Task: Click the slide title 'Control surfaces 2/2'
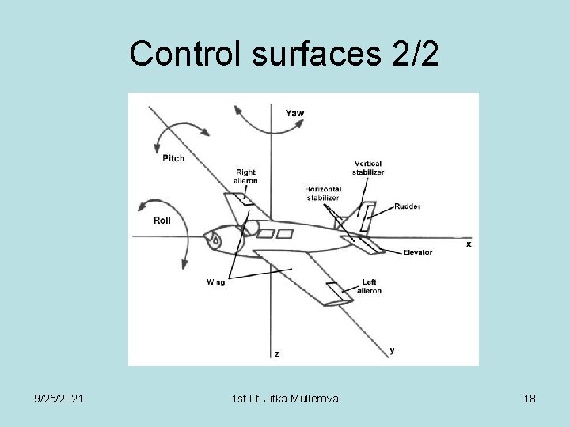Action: pyautogui.click(x=284, y=53)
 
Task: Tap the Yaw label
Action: pyautogui.click(x=294, y=113)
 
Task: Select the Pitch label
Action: pyautogui.click(x=173, y=158)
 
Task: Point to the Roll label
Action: pyautogui.click(x=161, y=221)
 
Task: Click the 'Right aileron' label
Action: pyautogui.click(x=245, y=176)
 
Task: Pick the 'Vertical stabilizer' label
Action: pyautogui.click(x=369, y=168)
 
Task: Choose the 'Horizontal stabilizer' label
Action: pyautogui.click(x=323, y=194)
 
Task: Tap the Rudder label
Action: pyautogui.click(x=408, y=206)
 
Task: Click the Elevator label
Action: pyautogui.click(x=417, y=252)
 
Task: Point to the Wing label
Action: pyautogui.click(x=215, y=282)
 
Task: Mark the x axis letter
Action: pyautogui.click(x=468, y=244)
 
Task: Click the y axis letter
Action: pyautogui.click(x=393, y=349)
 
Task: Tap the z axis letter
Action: pyautogui.click(x=276, y=353)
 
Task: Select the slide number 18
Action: pyautogui.click(x=529, y=399)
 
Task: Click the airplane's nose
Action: pyautogui.click(x=207, y=239)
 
